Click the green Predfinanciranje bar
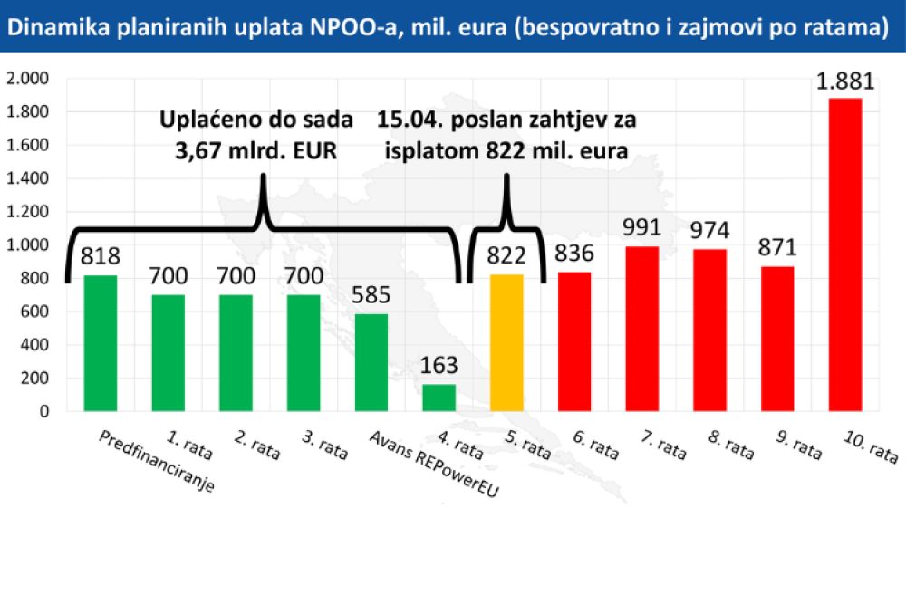click(100, 343)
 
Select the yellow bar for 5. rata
click(506, 343)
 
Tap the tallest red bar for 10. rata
click(845, 254)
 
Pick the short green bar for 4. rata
click(439, 398)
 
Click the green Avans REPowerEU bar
click(371, 362)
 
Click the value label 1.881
click(845, 81)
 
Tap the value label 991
click(642, 227)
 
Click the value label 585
click(371, 296)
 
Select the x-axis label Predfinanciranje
click(156, 462)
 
